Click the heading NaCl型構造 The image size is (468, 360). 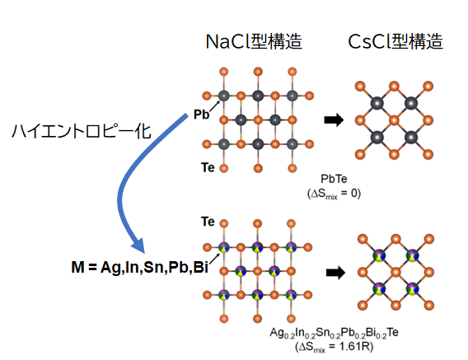tap(254, 41)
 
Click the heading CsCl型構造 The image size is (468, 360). tap(395, 41)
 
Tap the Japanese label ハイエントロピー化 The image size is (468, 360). tap(82, 131)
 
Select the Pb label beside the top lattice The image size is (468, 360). tap(202, 114)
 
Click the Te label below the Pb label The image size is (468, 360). tap(208, 167)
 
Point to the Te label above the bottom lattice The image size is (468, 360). tap(208, 222)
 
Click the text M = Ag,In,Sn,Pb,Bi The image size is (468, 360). tap(140, 267)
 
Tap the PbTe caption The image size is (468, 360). tap(334, 179)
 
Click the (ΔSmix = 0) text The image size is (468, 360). tap(334, 194)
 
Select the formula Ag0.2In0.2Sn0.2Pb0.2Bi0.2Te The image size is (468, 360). tap(334, 333)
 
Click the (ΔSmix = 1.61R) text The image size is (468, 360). tap(335, 347)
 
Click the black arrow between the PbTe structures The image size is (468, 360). tap(334, 120)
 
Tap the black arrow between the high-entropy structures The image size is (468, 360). tap(335, 273)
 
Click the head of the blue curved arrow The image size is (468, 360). tap(138, 245)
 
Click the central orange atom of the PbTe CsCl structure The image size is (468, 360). tap(395, 120)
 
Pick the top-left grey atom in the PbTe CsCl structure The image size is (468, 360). tap(377, 104)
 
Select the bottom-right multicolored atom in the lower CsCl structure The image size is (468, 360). tap(413, 288)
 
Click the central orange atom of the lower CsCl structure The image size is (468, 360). tap(395, 272)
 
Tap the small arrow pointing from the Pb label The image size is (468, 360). tap(214, 105)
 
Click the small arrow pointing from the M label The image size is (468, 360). tap(214, 259)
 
